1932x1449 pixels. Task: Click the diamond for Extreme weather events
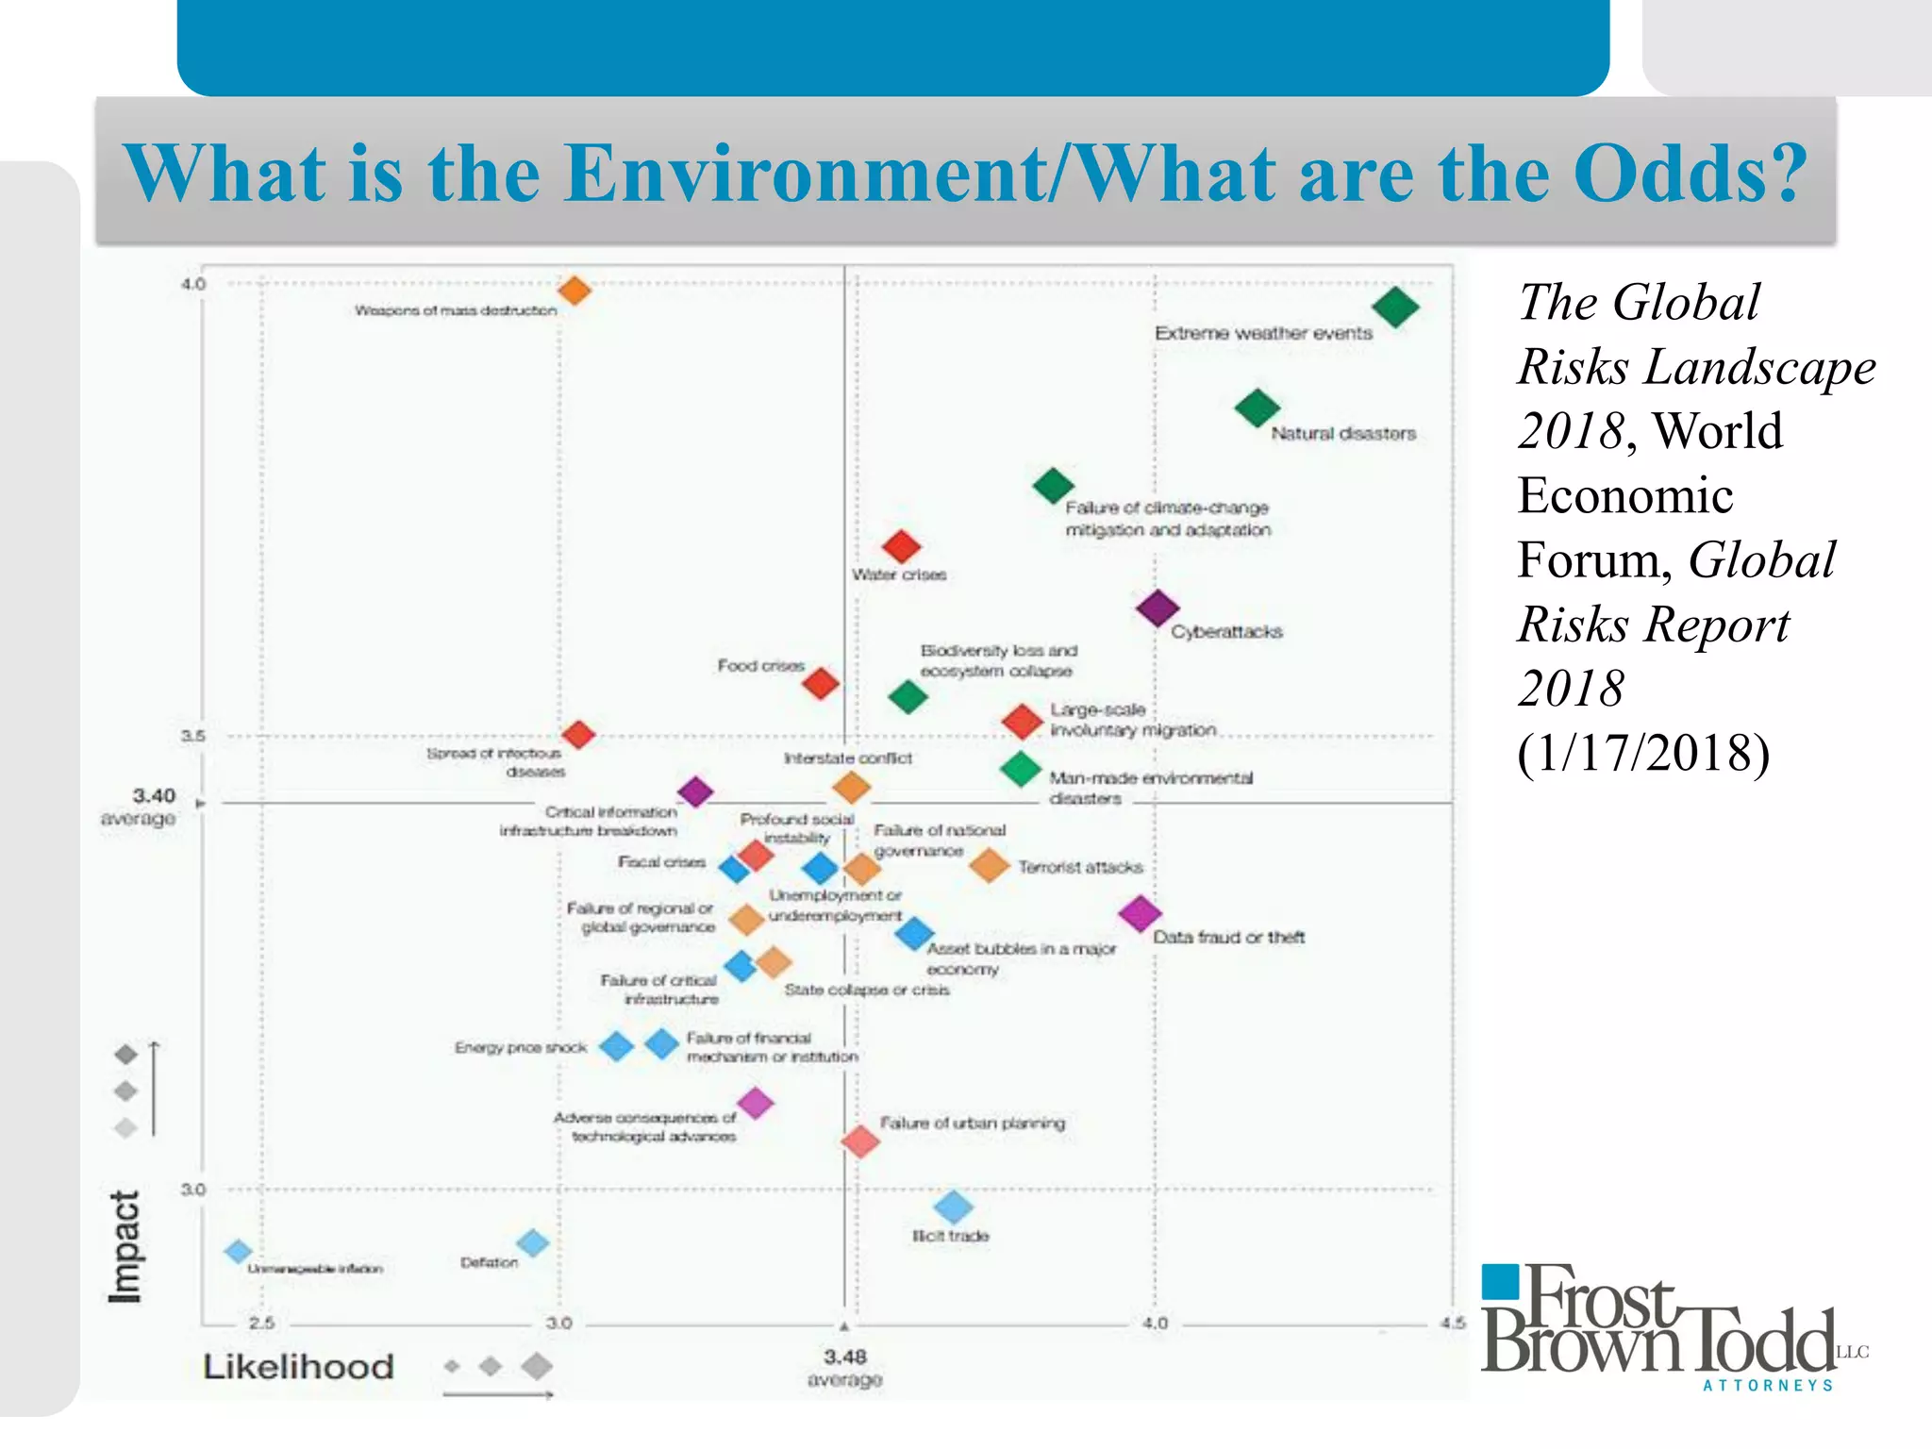coord(1395,307)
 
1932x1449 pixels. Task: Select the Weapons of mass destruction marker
coord(575,291)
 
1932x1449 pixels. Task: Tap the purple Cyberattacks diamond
coord(1158,608)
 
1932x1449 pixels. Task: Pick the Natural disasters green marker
coord(1257,408)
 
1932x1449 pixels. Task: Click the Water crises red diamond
coord(901,546)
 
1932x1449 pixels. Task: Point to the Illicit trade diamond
coord(953,1207)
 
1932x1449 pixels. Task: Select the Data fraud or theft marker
coord(1140,912)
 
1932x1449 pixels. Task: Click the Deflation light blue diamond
coord(533,1242)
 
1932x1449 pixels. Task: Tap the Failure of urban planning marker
coord(860,1141)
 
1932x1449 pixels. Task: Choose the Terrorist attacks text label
coord(1080,867)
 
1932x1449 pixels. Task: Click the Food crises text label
coord(760,666)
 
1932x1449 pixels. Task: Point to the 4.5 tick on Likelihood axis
coord(1453,1324)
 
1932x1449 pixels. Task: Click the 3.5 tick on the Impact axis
coord(192,736)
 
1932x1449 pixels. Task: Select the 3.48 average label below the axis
coord(844,1367)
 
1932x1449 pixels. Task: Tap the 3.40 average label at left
coord(140,807)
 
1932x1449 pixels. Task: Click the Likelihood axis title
coord(298,1367)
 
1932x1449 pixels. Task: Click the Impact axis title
coord(125,1247)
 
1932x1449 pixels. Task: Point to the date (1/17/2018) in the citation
coord(1642,753)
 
